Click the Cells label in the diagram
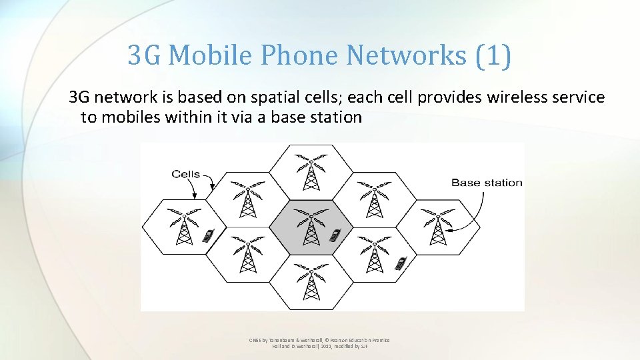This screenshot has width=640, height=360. [185, 174]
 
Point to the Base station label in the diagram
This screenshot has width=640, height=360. [487, 182]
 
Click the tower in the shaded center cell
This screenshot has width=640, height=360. [310, 227]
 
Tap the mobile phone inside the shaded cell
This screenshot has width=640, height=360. [335, 235]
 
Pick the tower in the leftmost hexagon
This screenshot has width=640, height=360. [183, 227]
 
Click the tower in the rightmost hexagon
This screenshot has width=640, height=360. [437, 227]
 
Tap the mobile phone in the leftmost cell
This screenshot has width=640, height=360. [208, 235]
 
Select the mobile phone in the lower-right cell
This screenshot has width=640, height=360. [400, 263]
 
